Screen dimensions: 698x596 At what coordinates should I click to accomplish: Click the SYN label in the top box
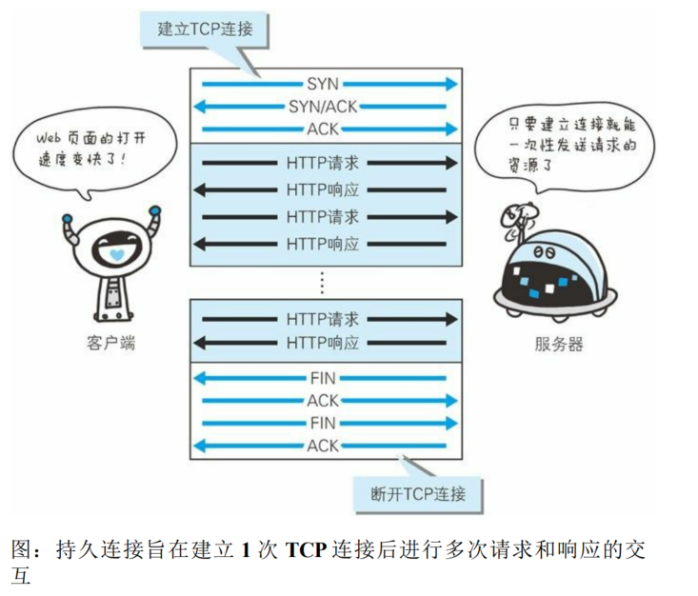(323, 86)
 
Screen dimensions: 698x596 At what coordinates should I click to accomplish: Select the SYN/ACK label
(323, 108)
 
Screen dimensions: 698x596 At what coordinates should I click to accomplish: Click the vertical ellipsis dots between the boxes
(323, 282)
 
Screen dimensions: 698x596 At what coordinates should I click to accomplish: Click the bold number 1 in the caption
(246, 550)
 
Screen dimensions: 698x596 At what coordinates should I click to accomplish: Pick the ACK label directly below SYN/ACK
(323, 129)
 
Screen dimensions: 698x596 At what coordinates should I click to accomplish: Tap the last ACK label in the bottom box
(323, 447)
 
